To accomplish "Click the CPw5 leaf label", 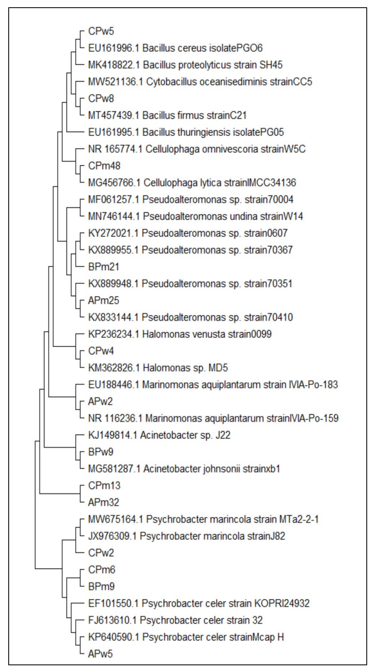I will click(x=101, y=31).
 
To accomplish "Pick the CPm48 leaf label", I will click(x=104, y=166).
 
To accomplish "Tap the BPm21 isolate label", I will click(x=104, y=267).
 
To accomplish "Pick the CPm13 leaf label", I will click(x=104, y=486).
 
